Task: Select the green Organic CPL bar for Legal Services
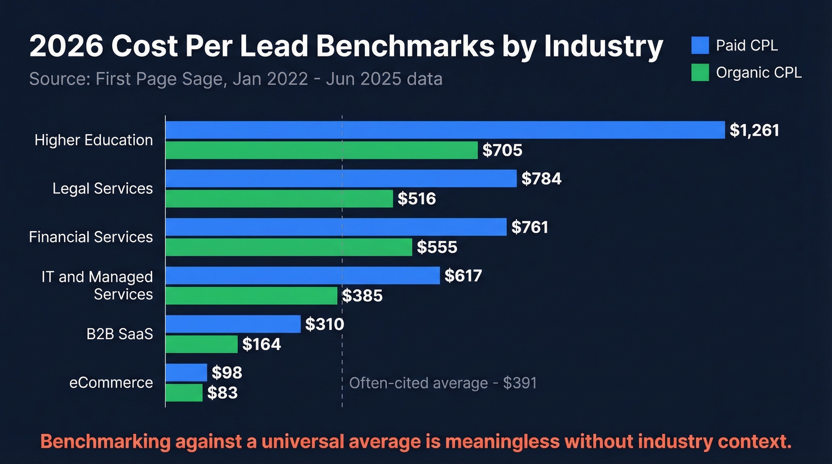[x=279, y=198]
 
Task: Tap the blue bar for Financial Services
[x=336, y=227]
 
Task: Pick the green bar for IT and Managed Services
[x=251, y=295]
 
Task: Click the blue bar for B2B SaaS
[x=232, y=324]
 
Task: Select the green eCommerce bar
[x=184, y=393]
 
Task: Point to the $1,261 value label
[x=754, y=131]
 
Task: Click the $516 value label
[x=417, y=199]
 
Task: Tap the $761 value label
[x=530, y=227]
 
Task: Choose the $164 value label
[x=261, y=344]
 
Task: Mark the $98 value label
[x=227, y=373]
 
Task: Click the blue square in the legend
[x=700, y=45]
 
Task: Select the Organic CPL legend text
[x=759, y=72]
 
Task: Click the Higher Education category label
[x=93, y=140]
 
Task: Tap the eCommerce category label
[x=111, y=383]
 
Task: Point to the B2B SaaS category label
[x=119, y=334]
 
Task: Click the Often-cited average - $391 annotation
[x=443, y=383]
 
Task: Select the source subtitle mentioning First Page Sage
[x=235, y=79]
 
